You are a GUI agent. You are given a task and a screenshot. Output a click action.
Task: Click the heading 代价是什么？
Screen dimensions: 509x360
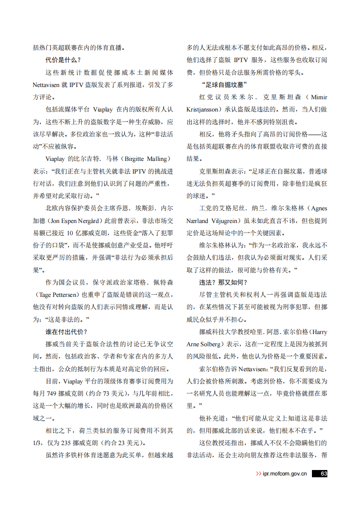pos(63,60)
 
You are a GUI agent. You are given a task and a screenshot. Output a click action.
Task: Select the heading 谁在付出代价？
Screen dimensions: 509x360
pos(66,332)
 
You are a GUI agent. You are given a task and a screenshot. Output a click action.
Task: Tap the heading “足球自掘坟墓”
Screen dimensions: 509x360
pos(224,85)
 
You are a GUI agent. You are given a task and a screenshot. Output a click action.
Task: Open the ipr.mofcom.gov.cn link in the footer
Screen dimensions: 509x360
pos(285,474)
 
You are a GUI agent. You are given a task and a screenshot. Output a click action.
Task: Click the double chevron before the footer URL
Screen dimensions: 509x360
pos(258,474)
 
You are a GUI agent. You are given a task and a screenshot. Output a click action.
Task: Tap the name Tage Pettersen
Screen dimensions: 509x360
pos(57,295)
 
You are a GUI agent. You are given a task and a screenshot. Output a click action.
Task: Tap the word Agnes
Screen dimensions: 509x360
pos(317,208)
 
